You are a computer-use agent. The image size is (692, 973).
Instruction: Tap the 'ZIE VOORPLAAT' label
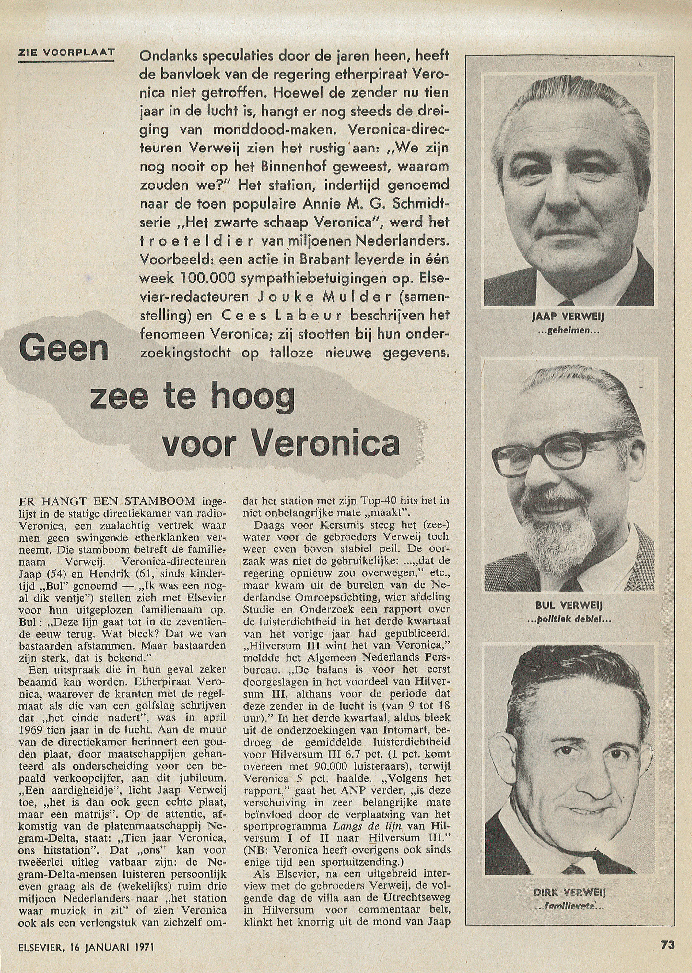tap(66, 53)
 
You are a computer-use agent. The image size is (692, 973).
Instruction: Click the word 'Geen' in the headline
tap(64, 348)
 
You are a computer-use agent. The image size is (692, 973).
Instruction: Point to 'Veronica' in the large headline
tap(326, 443)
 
